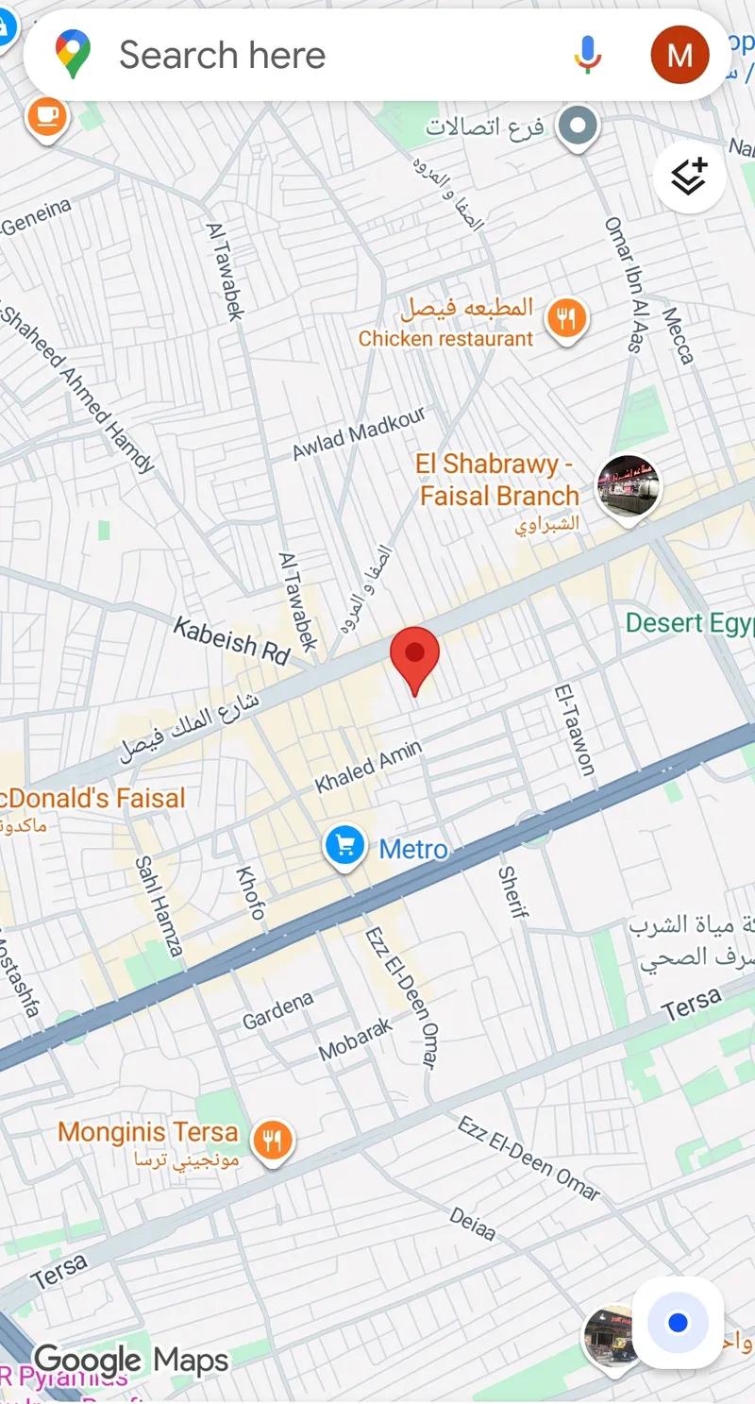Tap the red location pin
pos(415,656)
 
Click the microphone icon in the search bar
pos(587,55)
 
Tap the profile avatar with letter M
pos(679,55)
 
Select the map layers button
pos(689,177)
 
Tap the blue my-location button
pos(678,1323)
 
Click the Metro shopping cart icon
pos(345,846)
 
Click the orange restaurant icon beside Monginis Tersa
pos(273,1142)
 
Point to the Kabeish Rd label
pos(231,641)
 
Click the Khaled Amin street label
pos(368,766)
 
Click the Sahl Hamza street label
pos(158,906)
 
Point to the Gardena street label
pos(277,1010)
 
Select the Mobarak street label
pos(355,1039)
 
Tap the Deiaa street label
pos(472,1224)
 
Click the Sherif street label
pos(511,891)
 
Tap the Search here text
pos(222,55)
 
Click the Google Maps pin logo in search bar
pos(73,54)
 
